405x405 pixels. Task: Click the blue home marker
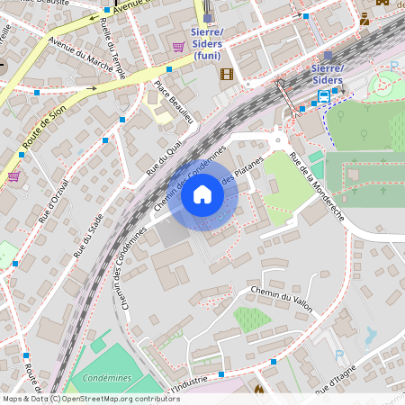click(x=202, y=194)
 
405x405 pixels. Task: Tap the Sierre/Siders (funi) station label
click(x=208, y=43)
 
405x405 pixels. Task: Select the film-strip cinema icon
click(x=226, y=74)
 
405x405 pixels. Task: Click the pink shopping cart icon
click(x=178, y=47)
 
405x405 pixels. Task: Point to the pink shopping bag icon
click(x=13, y=176)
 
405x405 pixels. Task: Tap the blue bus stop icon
click(x=323, y=95)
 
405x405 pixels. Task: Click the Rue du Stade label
click(x=89, y=236)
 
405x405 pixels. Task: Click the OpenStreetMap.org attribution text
click(x=116, y=399)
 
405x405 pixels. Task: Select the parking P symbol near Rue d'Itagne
click(x=339, y=355)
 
